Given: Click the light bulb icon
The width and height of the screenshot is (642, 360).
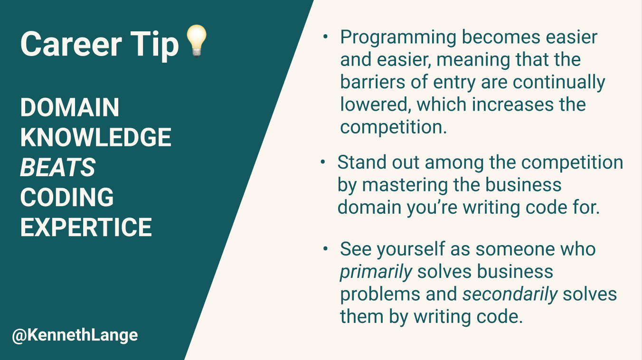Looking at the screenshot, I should coord(196,41).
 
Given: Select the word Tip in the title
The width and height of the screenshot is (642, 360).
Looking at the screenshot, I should coord(152,44).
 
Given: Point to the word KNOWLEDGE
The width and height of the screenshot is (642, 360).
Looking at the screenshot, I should coord(95,137).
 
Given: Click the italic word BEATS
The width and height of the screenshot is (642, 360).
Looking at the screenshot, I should coord(57,167).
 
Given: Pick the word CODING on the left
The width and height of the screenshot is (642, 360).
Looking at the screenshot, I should coord(67,197).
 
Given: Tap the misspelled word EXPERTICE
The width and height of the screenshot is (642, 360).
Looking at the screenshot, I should coord(86,227).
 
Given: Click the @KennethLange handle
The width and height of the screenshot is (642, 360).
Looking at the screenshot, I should coord(75,335).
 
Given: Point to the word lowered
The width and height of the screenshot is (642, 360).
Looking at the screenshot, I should coord(375,104).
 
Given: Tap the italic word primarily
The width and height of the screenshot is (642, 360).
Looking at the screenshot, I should coord(376,272).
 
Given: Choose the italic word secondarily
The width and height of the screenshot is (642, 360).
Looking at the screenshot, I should coord(510,294).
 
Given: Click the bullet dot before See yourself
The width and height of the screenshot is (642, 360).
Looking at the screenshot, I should coord(325,249).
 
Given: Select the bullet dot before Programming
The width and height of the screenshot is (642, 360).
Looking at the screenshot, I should coord(325,37).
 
